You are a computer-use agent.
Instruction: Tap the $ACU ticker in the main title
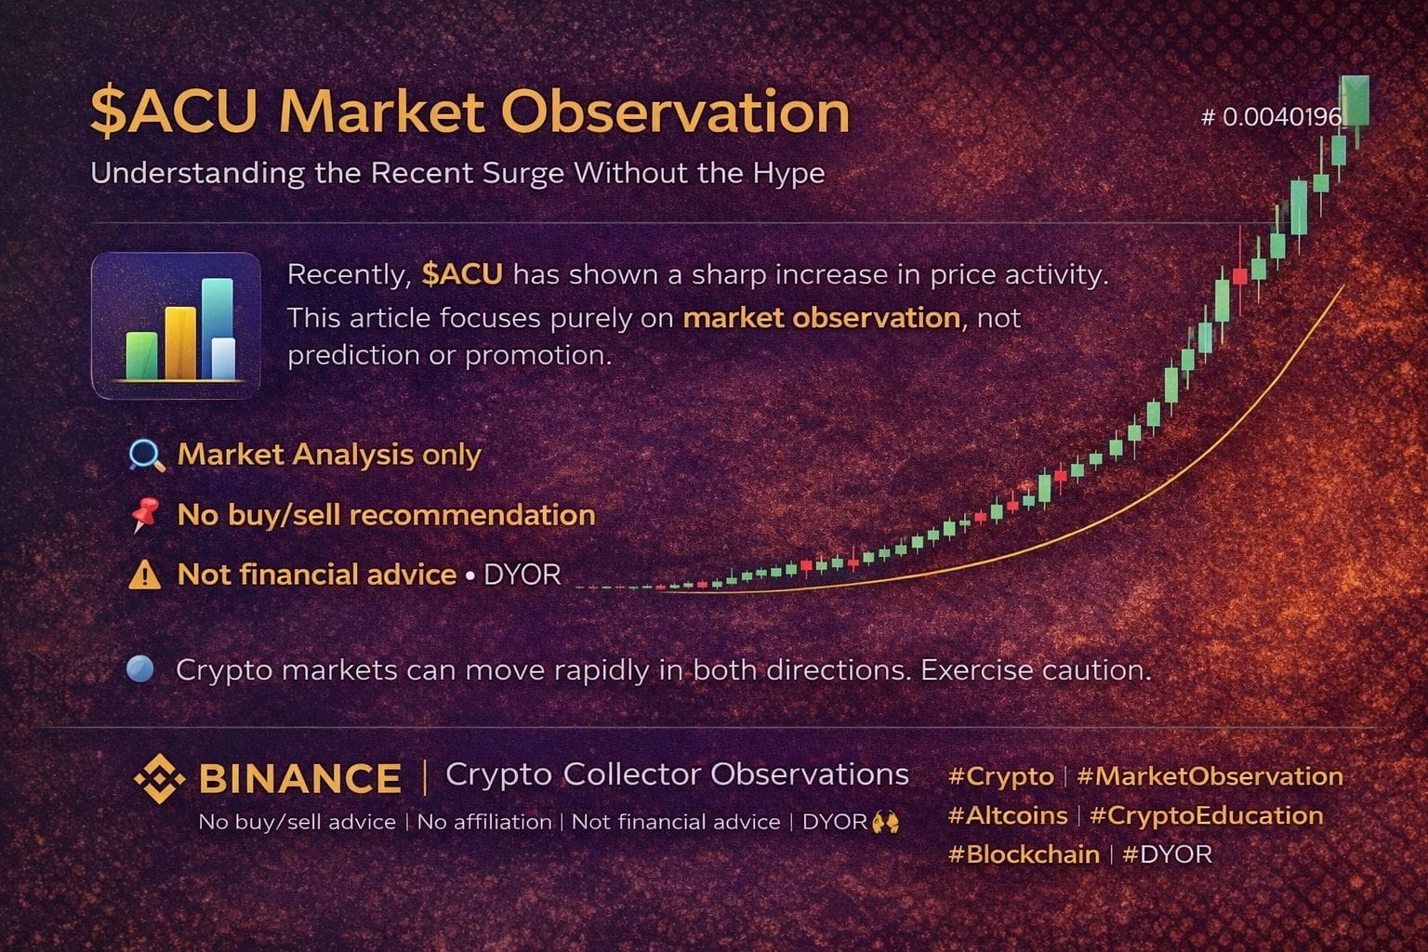[x=174, y=112]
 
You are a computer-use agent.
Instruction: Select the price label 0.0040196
[x=1282, y=117]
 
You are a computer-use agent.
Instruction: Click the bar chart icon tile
[x=176, y=325]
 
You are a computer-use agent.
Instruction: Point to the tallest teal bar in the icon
[x=218, y=328]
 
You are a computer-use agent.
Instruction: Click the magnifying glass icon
[x=146, y=456]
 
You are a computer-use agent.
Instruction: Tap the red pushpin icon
[x=145, y=514]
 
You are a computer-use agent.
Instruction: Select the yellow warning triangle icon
[x=145, y=575]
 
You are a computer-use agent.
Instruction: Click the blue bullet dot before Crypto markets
[x=140, y=669]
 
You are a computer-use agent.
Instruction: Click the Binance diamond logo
[x=159, y=778]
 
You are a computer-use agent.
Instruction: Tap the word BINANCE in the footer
[x=300, y=778]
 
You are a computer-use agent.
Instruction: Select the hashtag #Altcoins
[x=1007, y=815]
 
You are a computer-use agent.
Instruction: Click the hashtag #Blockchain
[x=1024, y=854]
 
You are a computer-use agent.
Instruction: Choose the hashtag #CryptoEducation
[x=1206, y=815]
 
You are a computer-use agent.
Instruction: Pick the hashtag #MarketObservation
[x=1210, y=776]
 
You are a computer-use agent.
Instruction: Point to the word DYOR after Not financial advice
[x=522, y=575]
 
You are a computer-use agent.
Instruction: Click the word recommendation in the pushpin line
[x=472, y=515]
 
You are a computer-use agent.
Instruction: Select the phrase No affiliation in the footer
[x=484, y=822]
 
